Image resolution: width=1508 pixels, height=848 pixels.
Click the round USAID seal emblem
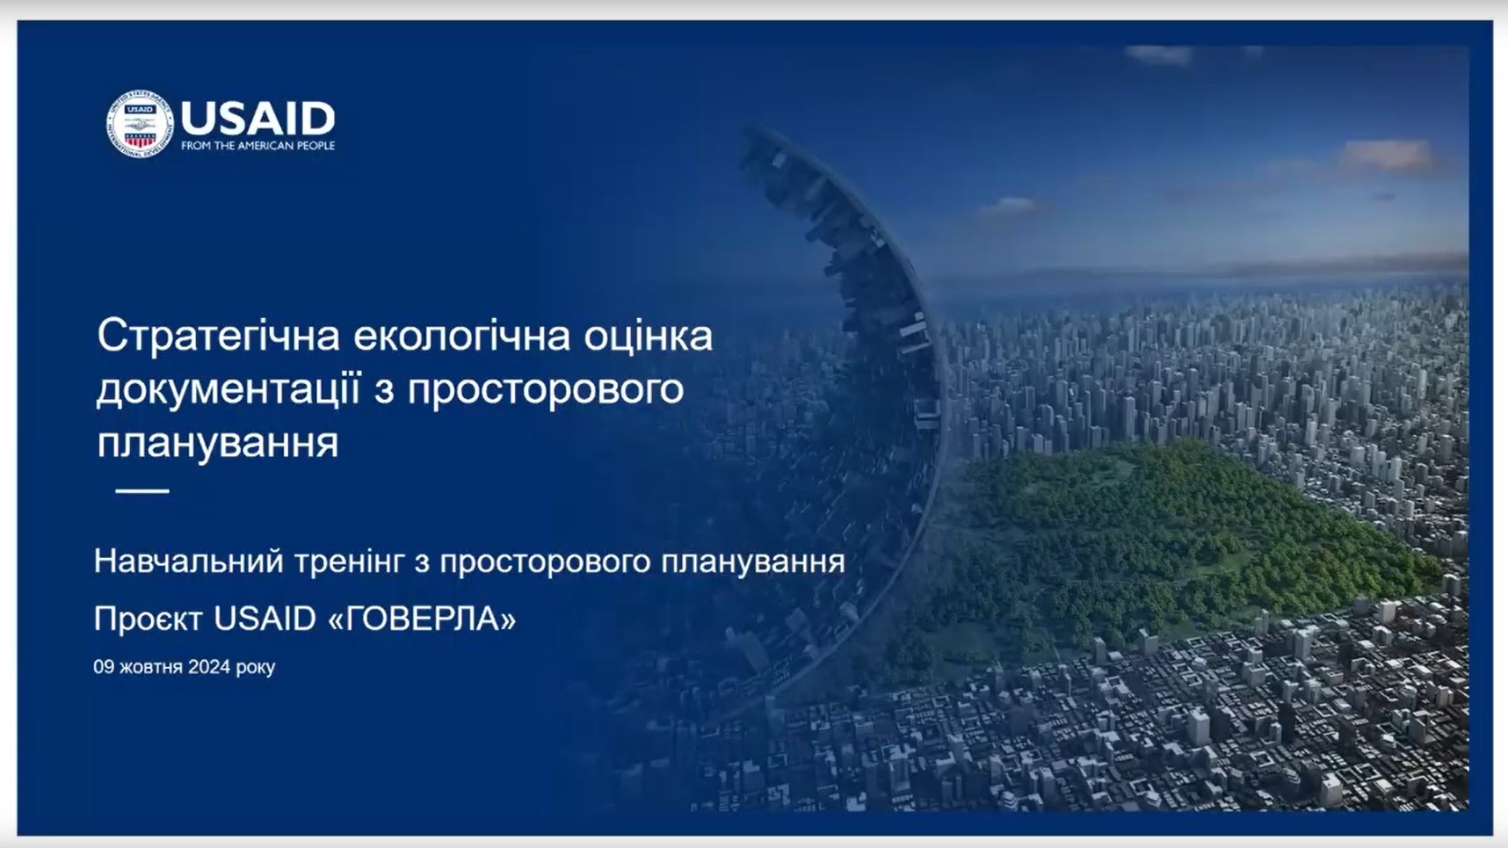[140, 124]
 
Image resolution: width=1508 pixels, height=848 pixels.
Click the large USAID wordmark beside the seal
[257, 118]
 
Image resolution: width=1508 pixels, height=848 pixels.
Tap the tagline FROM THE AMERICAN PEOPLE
[257, 146]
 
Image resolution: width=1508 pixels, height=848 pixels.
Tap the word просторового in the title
[546, 389]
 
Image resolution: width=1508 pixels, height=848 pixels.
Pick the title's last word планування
[217, 442]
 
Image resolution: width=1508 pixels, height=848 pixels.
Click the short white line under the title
[142, 490]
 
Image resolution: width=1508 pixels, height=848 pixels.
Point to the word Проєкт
[148, 619]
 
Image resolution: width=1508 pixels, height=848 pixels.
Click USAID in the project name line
[265, 619]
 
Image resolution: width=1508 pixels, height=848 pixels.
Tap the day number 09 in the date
[104, 667]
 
